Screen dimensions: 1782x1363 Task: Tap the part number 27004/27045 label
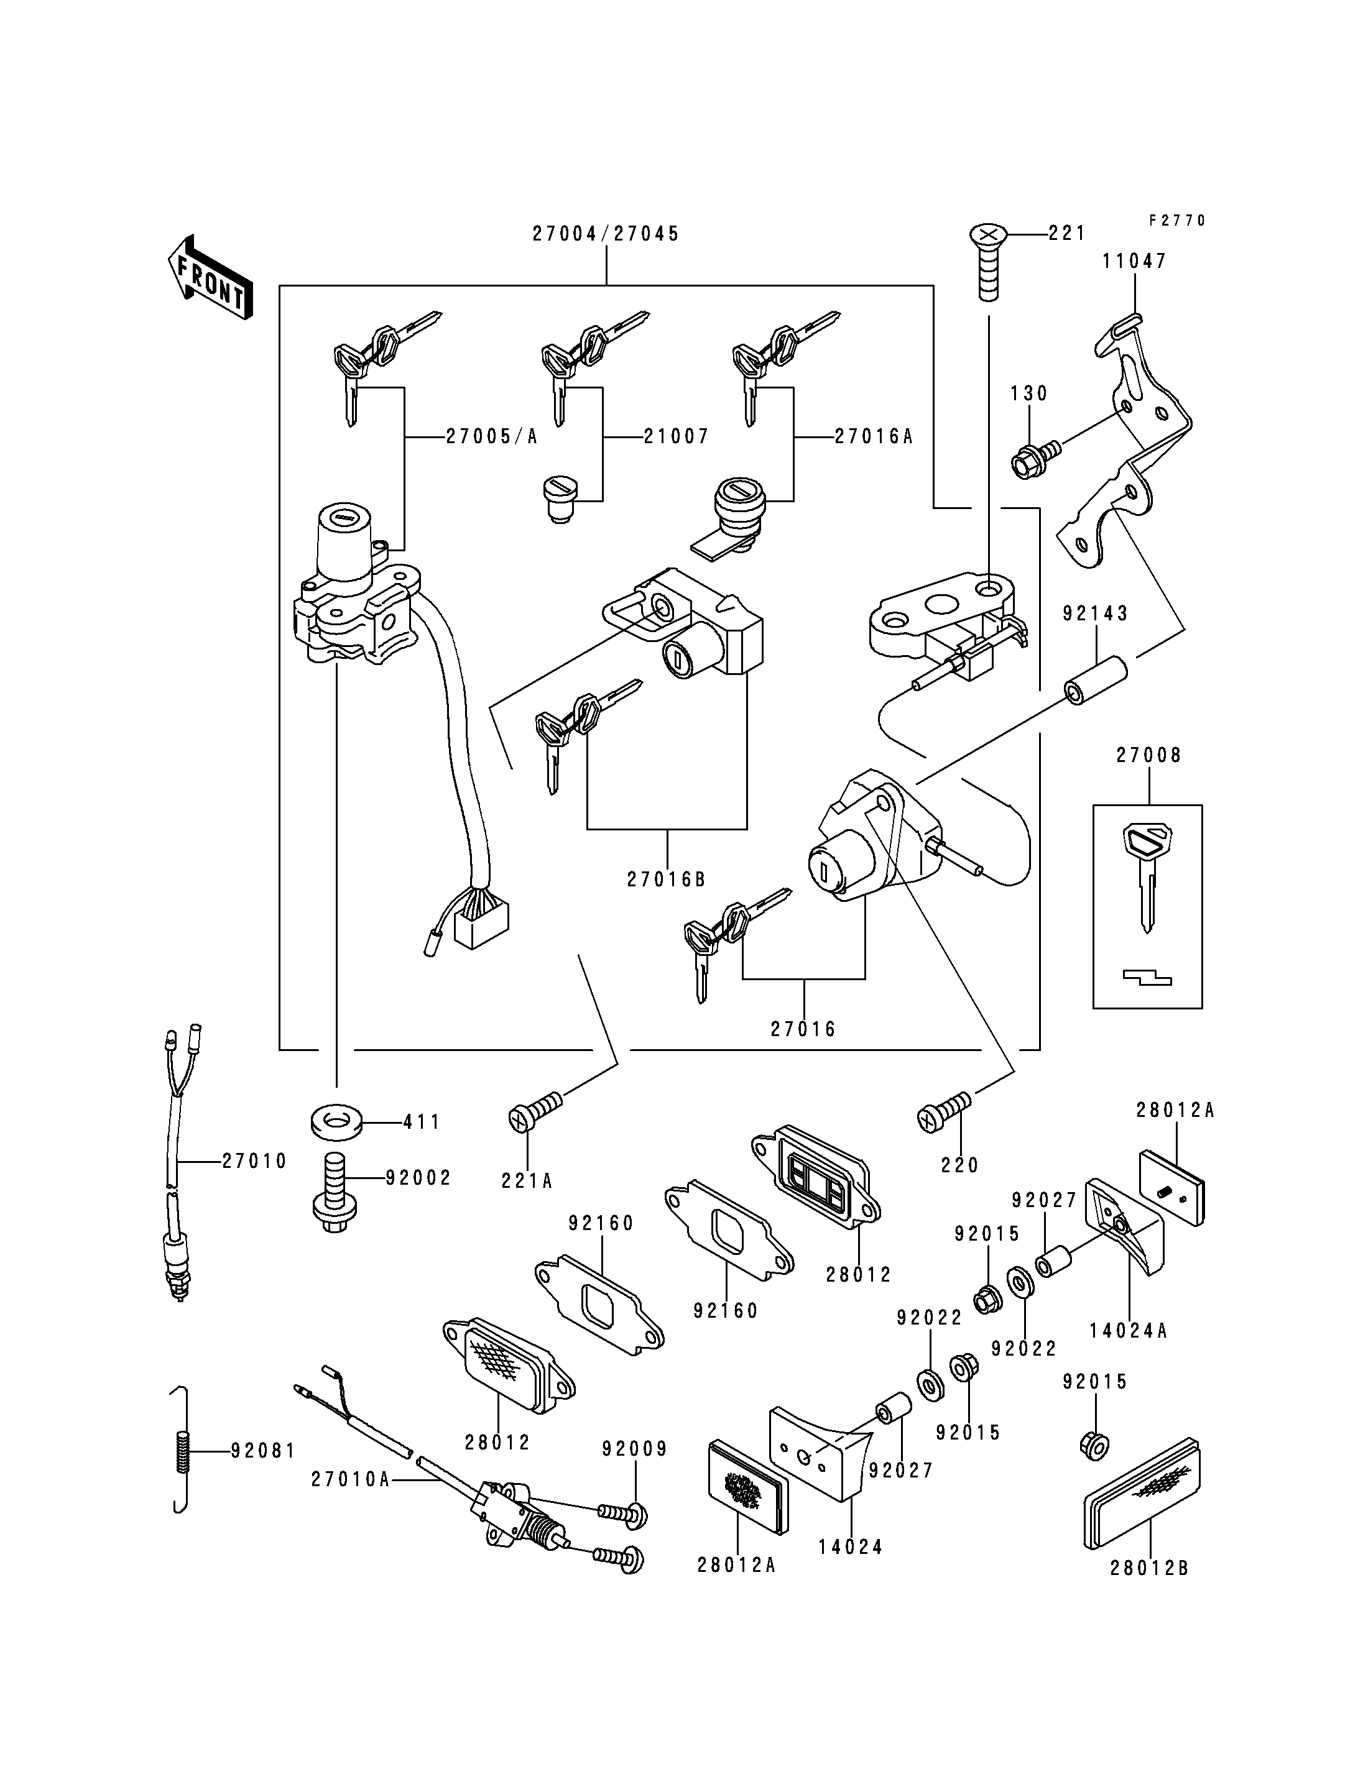point(605,234)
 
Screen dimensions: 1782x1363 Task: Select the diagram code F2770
point(1177,221)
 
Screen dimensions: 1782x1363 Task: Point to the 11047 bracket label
point(1134,261)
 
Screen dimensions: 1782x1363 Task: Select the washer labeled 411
point(336,1123)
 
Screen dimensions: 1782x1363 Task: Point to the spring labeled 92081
point(184,1449)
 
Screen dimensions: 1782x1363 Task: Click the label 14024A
point(1128,1331)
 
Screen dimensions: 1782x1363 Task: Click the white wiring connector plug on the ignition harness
point(482,925)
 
